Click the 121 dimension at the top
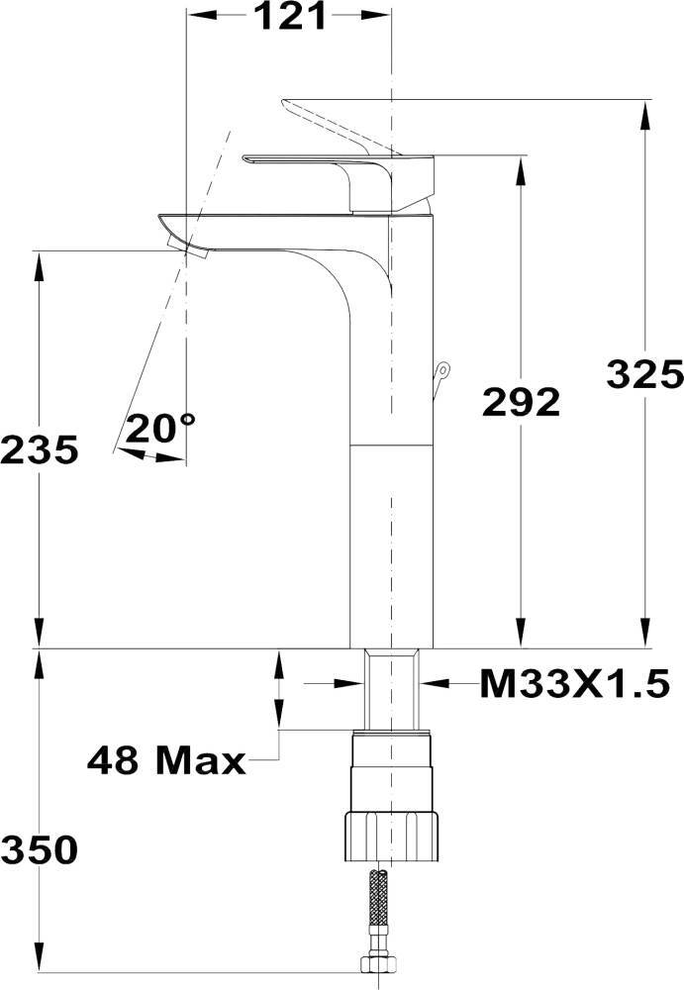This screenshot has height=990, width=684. click(x=290, y=17)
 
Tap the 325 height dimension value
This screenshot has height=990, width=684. click(x=644, y=374)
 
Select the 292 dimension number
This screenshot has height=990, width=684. click(x=521, y=402)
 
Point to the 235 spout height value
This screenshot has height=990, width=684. click(x=40, y=449)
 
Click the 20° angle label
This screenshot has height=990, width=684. click(x=160, y=428)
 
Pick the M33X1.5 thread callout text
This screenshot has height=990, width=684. click(x=575, y=683)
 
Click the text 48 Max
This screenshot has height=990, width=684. click(x=166, y=760)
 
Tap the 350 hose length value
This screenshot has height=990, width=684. click(x=40, y=849)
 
